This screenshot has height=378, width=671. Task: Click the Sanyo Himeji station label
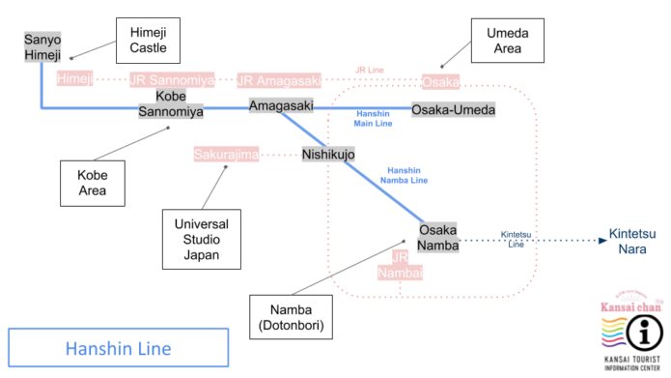tap(42, 47)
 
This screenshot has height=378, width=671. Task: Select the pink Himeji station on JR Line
tap(74, 79)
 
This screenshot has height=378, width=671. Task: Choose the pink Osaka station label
tap(440, 81)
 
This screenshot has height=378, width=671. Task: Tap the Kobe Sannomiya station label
tap(171, 104)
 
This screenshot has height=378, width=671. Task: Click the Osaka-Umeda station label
tap(453, 110)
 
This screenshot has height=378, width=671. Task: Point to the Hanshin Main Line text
tap(373, 119)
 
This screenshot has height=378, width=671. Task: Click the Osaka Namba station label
tap(439, 238)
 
